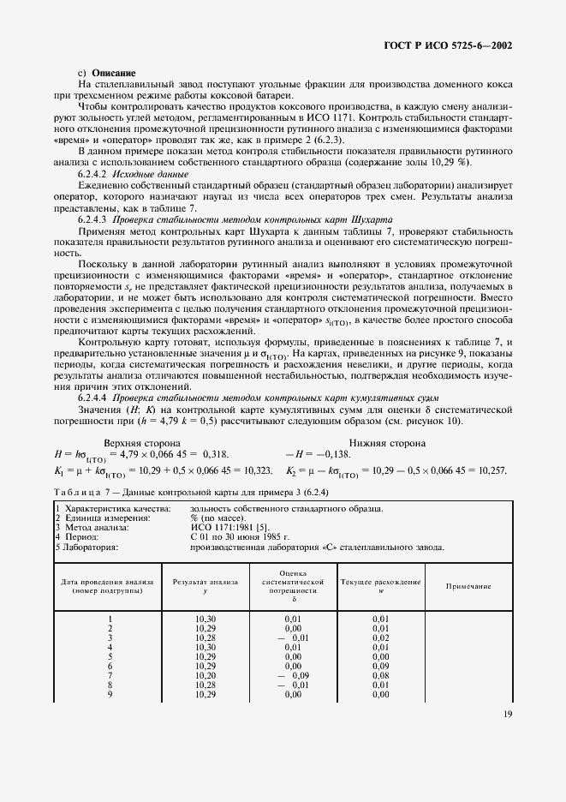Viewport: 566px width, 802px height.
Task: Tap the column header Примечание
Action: [468, 586]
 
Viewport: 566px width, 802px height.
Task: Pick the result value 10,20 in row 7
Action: [205, 675]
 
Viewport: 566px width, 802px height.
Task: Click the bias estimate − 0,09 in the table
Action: [292, 675]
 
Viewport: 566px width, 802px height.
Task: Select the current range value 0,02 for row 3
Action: [380, 637]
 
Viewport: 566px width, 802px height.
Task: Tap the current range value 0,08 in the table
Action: [380, 675]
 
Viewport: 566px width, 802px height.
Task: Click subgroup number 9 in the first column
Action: [110, 694]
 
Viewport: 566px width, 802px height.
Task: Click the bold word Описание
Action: [114, 74]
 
